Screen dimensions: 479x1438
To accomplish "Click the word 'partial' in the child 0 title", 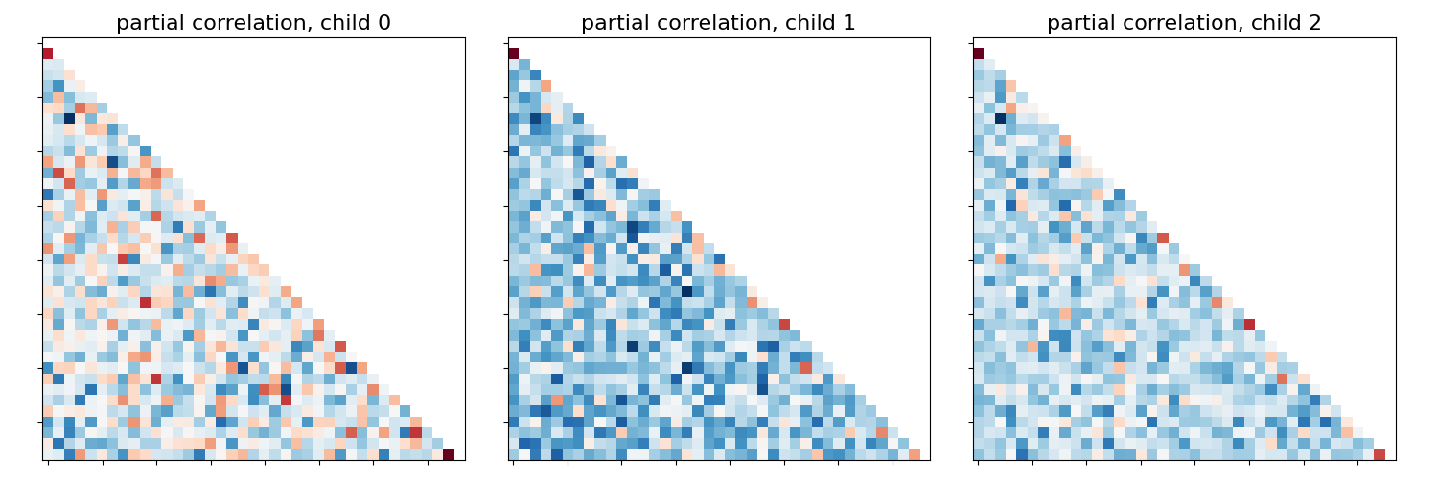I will coord(147,23).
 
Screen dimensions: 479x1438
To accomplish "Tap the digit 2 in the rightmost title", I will coord(1314,23).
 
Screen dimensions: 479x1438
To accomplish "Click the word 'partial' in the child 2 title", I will coord(1078,23).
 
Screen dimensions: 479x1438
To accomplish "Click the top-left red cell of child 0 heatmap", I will coord(48,54).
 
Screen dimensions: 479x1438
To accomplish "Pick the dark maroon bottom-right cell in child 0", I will coord(449,454).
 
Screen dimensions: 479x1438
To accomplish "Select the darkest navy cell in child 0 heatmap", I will coord(69,119).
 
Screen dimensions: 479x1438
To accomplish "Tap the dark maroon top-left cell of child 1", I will coord(513,54).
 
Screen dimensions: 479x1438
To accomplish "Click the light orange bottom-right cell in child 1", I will coord(914,454).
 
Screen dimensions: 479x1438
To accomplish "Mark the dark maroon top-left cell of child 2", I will coord(978,54).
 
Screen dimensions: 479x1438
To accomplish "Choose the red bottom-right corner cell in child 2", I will coord(1379,454).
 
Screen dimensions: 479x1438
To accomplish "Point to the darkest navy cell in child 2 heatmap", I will coord(1000,119).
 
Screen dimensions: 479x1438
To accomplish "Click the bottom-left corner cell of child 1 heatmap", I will coord(513,454).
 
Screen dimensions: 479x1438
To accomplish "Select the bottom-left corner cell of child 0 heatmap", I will coord(48,454).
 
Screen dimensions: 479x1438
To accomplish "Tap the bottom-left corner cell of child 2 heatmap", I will coord(978,454).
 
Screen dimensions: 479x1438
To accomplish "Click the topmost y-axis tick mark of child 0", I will coord(40,43).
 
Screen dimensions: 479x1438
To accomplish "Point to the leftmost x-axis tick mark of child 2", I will coord(978,463).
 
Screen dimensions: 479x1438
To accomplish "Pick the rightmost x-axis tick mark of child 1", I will coord(893,463).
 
